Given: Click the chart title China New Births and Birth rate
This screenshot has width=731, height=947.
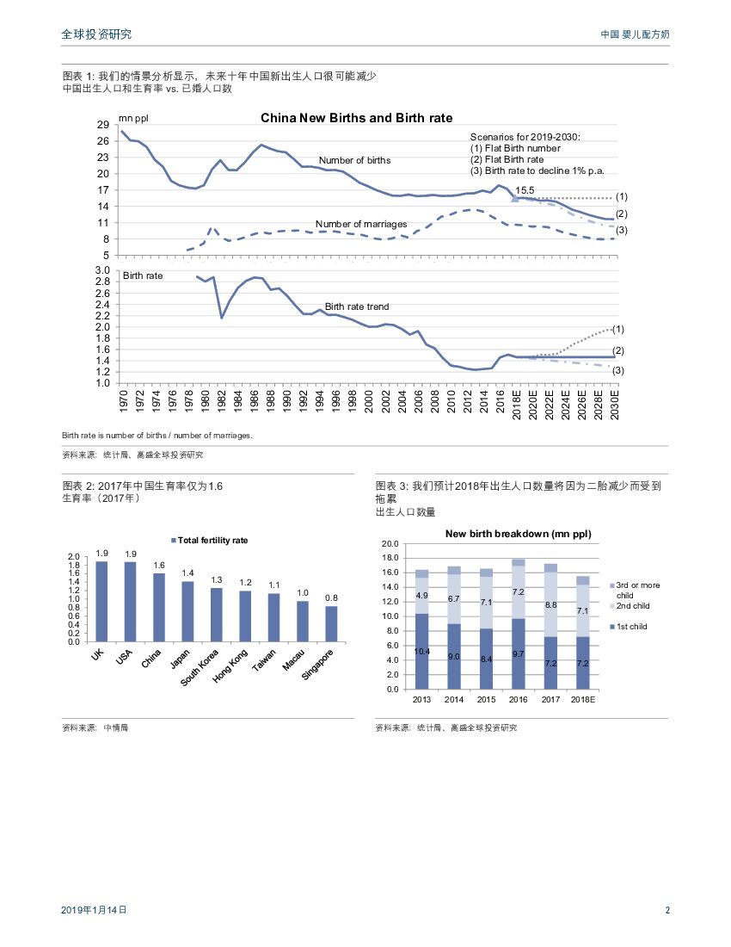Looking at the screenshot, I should coord(356,118).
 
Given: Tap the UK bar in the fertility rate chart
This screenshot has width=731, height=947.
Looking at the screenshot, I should coord(101,601).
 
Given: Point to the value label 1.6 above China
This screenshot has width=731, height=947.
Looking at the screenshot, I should coord(159,565).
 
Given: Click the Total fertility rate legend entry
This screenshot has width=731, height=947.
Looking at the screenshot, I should coord(210,540).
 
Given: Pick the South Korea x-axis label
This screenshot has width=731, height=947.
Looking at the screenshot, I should coord(200,666).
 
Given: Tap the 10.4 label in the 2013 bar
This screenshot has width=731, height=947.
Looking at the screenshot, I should coord(421,652).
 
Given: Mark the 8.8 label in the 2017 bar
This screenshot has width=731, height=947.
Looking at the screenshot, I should coord(551,605).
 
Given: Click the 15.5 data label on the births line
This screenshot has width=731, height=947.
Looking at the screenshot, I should coord(525,190).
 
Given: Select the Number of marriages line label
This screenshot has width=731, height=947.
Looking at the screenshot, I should coord(361,224).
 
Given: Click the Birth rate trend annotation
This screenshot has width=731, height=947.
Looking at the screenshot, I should coord(357,306).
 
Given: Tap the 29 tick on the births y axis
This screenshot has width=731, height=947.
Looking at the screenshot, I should coord(102,125).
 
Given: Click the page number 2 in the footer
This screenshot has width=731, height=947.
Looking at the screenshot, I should coord(667,909).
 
